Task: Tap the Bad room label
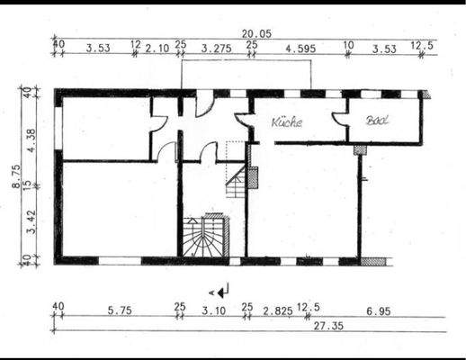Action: coord(375,120)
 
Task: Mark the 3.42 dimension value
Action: coord(29,218)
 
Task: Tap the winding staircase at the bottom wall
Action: coord(204,236)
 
